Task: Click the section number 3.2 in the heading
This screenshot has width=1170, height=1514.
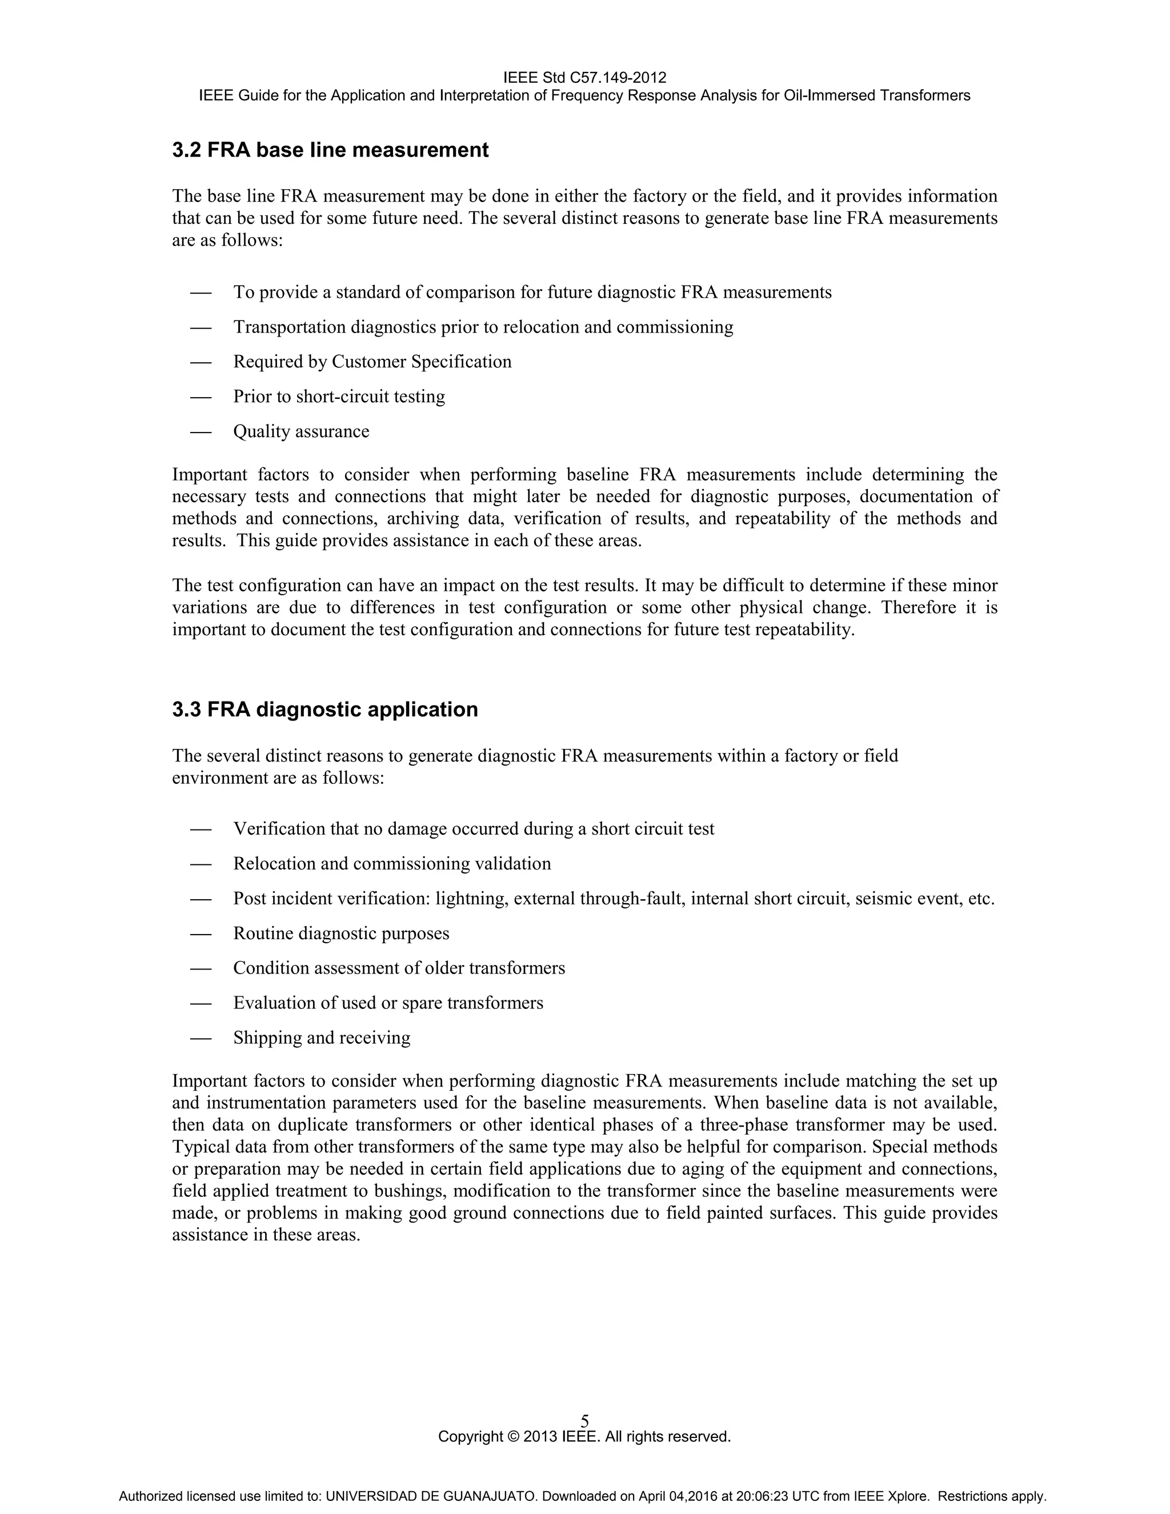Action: pos(186,150)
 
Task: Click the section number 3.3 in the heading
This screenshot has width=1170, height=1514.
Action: pos(186,710)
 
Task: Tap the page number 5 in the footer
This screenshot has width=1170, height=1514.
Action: pos(585,1421)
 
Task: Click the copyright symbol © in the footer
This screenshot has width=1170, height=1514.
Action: pos(514,1436)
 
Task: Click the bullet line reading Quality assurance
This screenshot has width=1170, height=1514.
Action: pos(301,431)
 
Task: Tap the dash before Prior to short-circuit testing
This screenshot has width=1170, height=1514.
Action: pos(201,397)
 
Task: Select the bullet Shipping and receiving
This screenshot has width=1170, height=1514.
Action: pos(322,1038)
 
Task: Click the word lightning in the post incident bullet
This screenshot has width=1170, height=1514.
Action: pos(471,899)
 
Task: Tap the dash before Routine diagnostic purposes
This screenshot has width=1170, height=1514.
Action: pos(201,934)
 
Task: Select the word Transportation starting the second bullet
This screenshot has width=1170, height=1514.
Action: pos(289,327)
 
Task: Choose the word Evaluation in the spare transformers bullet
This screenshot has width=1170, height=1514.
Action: pos(273,1003)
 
